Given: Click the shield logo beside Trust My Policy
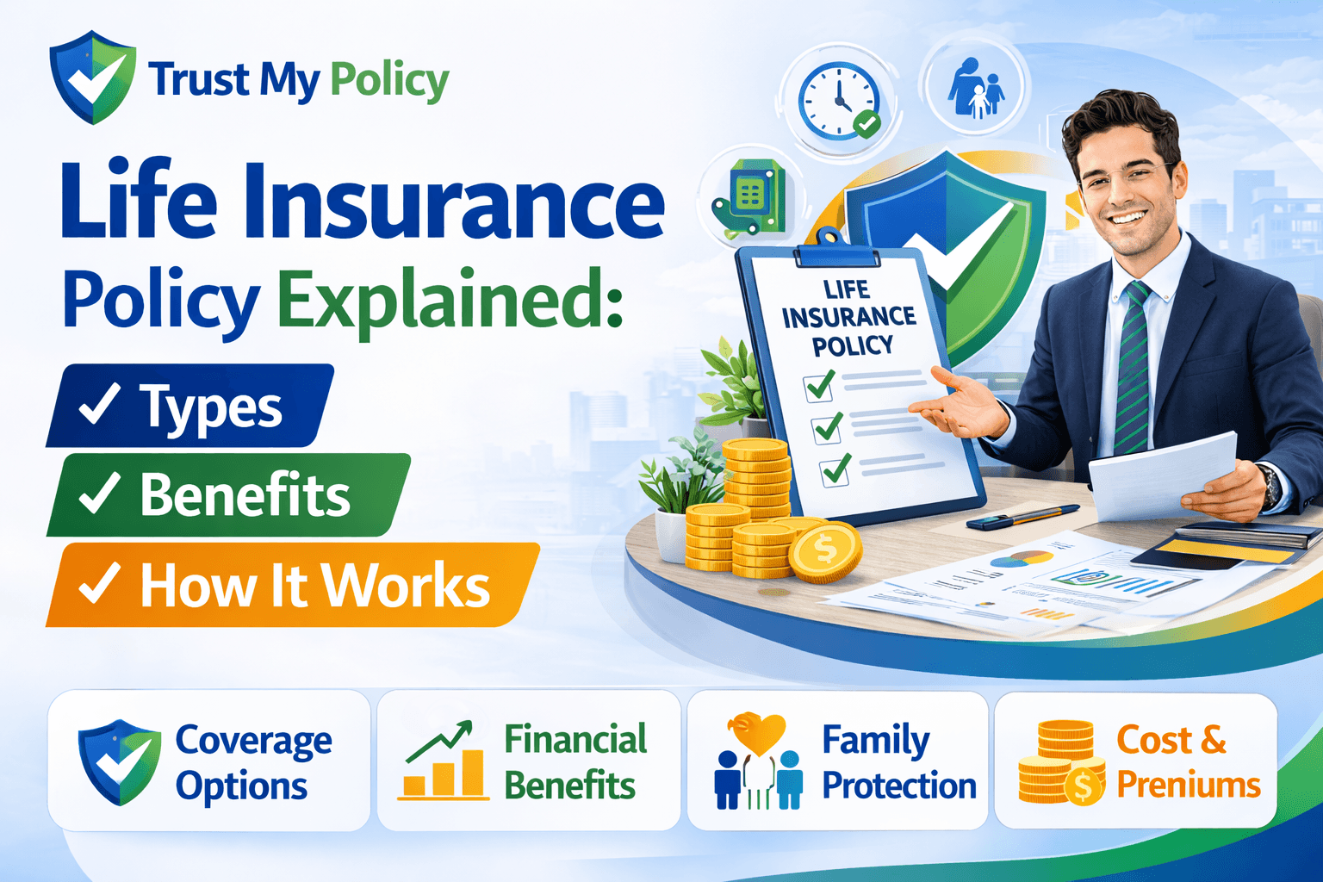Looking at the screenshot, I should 92,78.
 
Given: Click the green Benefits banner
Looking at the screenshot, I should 227,495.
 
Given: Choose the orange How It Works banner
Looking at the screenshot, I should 293,586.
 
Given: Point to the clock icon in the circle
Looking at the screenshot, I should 838,100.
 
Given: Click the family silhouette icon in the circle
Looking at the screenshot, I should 976,89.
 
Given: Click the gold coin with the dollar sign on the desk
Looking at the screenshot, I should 824,552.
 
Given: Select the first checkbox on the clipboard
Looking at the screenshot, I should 818,386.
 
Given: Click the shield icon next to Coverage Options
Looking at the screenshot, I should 119,761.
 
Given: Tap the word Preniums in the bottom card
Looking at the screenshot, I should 1189,785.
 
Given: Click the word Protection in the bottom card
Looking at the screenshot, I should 898,786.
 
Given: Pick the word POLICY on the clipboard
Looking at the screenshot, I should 853,346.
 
